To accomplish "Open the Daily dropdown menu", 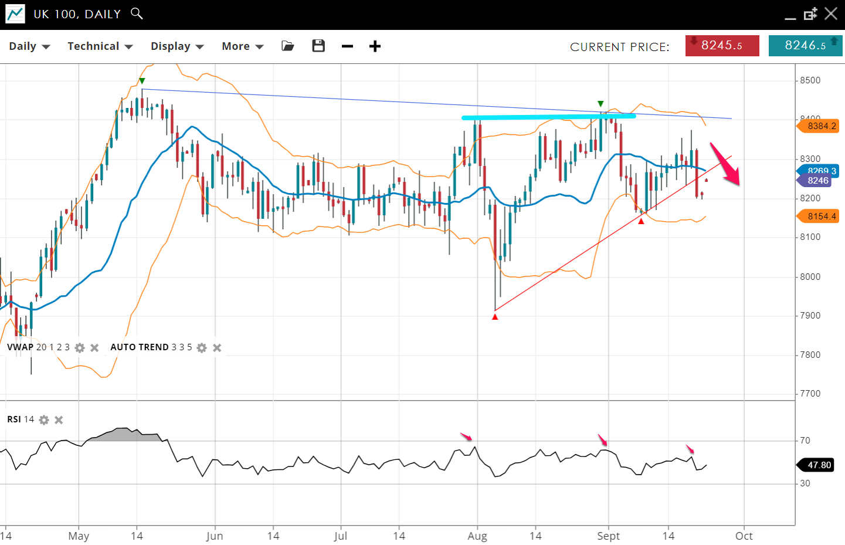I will pos(29,46).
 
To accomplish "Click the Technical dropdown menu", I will pos(100,46).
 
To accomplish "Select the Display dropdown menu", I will pos(177,46).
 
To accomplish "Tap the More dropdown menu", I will pos(242,46).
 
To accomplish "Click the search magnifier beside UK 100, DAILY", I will pos(137,13).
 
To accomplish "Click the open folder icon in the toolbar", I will pos(287,46).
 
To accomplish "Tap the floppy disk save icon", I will pos(318,46).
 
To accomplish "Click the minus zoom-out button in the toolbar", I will pos(347,46).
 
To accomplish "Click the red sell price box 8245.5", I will pos(722,46).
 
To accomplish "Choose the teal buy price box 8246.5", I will pos(805,46).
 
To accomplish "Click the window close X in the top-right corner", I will pos(831,13).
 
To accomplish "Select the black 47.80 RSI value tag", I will pos(819,465).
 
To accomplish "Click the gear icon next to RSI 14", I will pos(44,420).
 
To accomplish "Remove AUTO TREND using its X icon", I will pos(217,348).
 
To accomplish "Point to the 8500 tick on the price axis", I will pos(810,80).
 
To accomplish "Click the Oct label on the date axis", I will pos(744,536).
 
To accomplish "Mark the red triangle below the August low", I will pos(495,317).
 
